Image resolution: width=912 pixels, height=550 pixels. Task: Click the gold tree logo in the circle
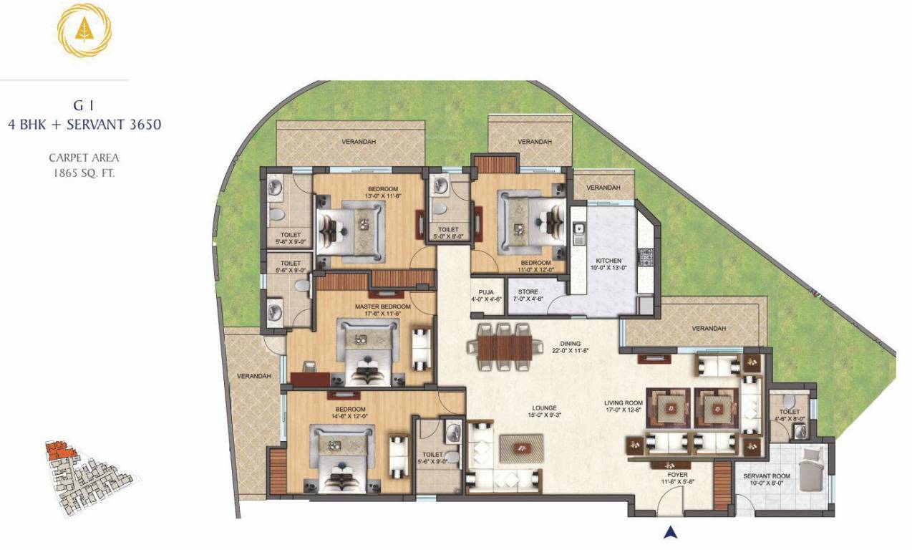84,33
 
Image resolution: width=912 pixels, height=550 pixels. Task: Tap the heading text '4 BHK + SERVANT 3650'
84,124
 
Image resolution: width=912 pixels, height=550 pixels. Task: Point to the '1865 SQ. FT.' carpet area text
84,172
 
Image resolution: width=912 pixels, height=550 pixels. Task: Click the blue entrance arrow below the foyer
671,531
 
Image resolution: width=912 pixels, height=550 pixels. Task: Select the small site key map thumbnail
89,476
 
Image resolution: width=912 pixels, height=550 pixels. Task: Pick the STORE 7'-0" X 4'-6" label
528,295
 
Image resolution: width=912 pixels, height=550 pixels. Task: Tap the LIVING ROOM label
624,406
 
